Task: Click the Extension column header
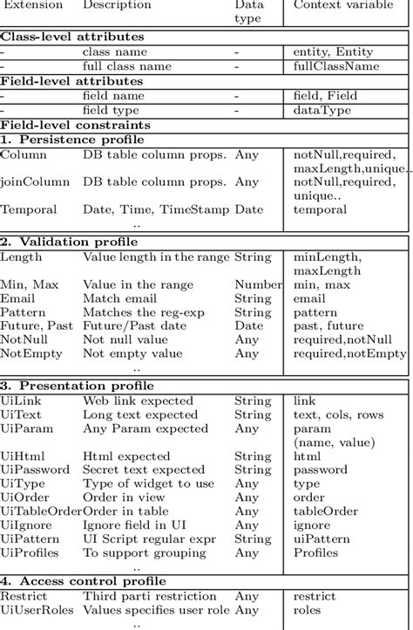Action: pos(31,5)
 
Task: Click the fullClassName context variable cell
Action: pos(336,65)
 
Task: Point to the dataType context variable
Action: pos(322,110)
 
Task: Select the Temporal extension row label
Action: pos(29,209)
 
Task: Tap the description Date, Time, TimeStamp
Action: pos(156,209)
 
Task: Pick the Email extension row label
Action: pos(18,298)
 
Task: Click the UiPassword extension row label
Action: pos(34,469)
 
